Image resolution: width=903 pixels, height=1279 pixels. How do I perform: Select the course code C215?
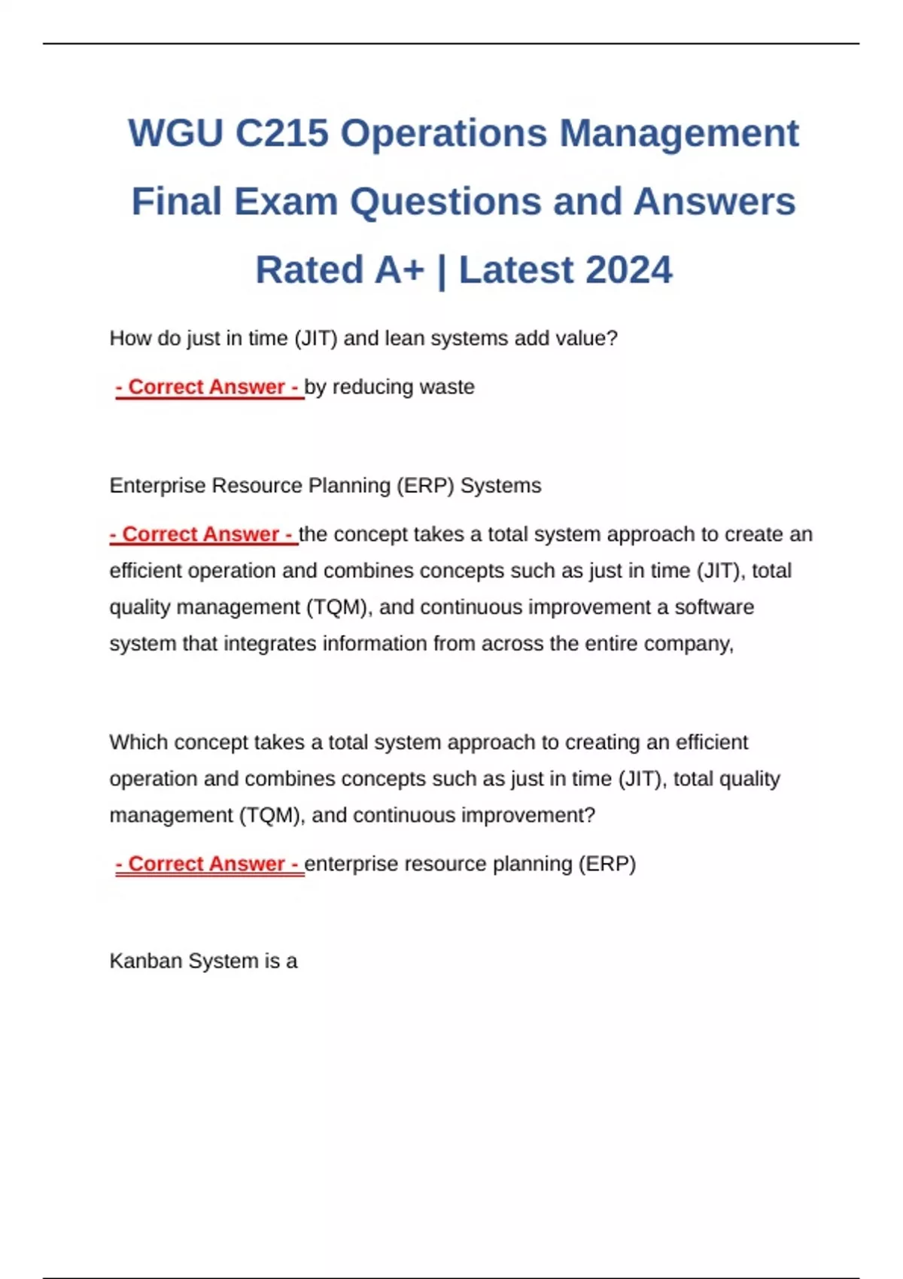click(x=281, y=133)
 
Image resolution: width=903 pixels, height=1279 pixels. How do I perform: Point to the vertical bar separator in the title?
click(x=442, y=270)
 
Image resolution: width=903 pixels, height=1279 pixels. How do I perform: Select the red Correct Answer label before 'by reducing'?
click(x=208, y=387)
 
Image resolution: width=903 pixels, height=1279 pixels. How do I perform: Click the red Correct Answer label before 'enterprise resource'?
click(x=208, y=864)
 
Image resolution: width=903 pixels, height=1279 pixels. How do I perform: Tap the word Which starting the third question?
click(x=136, y=743)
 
